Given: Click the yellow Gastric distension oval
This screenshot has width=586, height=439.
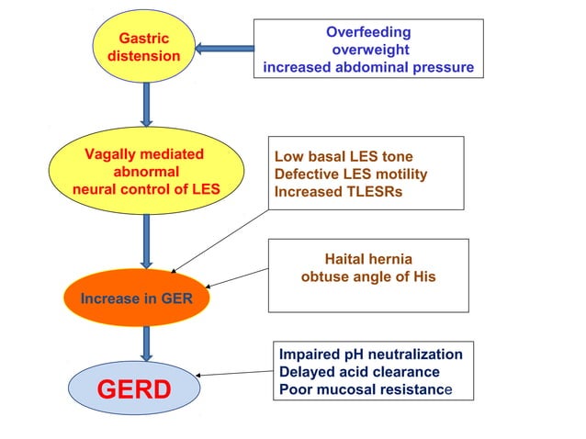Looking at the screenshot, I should coord(145,48).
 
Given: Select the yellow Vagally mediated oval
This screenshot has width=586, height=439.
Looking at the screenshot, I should coord(145,171).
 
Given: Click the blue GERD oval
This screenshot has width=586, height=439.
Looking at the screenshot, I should coord(133,388).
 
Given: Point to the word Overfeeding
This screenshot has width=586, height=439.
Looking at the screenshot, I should coord(368,32).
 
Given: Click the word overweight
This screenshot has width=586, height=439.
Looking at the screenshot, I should coord(369,50).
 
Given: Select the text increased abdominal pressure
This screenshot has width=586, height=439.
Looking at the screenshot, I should coord(368,67).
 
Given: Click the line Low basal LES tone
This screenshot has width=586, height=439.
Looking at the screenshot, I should coord(344,157).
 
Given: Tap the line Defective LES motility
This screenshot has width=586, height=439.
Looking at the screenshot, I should coord(351,174).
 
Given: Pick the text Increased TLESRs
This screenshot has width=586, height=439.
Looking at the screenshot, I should coord(338,192).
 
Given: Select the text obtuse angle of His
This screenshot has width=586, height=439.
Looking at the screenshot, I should coord(368,276).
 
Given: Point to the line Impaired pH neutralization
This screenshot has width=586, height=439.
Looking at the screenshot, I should coord(371,355).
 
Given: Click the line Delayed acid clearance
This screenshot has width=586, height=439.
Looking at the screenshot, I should coord(359,372).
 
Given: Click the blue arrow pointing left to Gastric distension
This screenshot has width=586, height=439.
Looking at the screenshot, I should coord(225,48).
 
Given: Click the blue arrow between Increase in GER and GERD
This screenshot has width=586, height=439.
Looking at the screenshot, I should coord(145,343).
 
